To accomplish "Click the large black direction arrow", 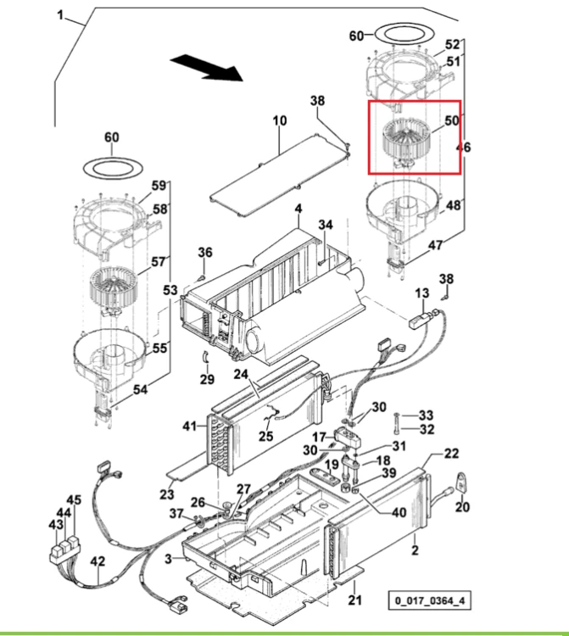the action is [x=206, y=67].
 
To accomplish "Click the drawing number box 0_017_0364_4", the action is [x=430, y=600].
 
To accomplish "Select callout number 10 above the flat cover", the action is [x=280, y=120].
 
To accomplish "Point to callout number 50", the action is [x=452, y=120].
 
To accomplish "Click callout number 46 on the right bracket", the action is [x=463, y=147].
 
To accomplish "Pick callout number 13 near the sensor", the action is [x=422, y=293].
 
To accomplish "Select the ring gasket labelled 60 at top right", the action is [x=403, y=34].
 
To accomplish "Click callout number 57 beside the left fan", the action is [x=159, y=262].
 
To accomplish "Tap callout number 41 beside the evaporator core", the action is [x=189, y=427].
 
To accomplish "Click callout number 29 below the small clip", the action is [x=207, y=379].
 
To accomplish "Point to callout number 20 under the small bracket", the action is [x=462, y=506].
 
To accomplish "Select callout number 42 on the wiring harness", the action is [x=98, y=561].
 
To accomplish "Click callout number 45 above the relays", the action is [x=74, y=500].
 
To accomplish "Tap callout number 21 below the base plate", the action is [x=354, y=600].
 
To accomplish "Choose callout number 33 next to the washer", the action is [x=426, y=415].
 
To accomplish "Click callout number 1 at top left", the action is [x=60, y=16].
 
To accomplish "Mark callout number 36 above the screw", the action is [x=205, y=253].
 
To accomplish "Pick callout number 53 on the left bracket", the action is [x=170, y=290].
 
